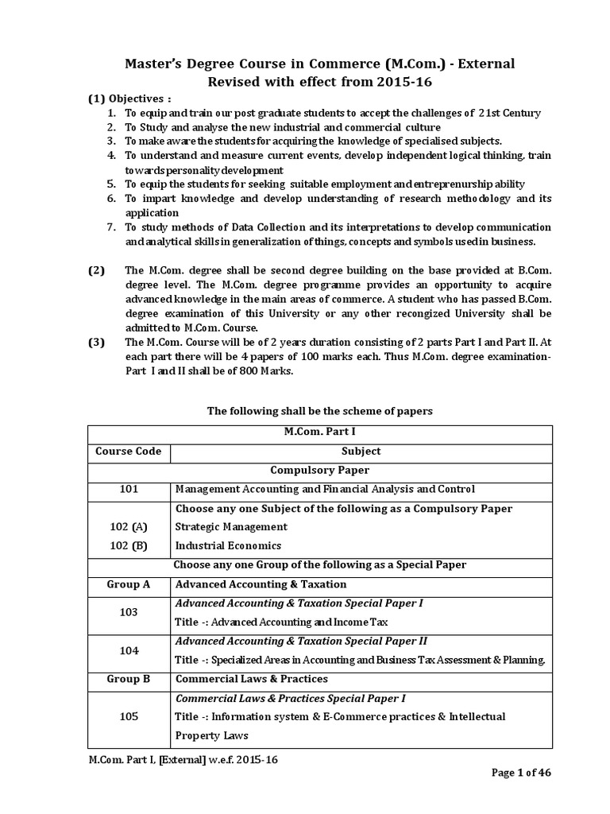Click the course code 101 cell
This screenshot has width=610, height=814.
129,489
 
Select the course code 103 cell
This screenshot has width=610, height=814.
129,612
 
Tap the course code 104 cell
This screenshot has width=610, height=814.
129,650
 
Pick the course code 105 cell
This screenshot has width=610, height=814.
129,716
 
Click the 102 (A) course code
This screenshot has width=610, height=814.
129,527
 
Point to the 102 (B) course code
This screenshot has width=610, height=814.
129,546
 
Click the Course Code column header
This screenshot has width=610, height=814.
129,452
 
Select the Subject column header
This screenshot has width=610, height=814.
361,452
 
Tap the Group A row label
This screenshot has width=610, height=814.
129,584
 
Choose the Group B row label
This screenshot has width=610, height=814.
129,679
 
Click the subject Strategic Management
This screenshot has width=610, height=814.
231,527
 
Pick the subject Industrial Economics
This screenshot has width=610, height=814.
229,546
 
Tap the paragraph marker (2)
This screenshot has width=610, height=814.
96,270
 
